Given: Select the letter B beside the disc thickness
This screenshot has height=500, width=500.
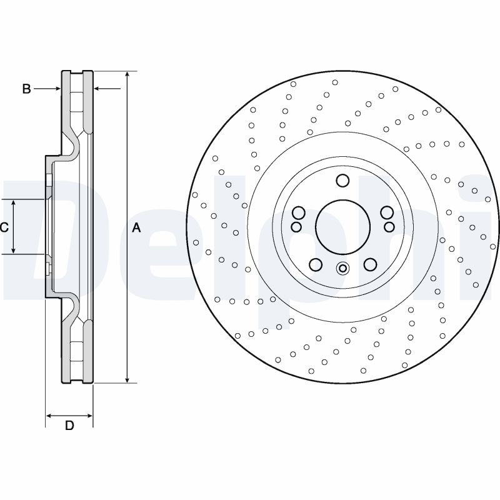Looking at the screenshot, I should pyautogui.click(x=26, y=89).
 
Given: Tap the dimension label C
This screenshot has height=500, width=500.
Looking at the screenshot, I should pyautogui.click(x=4, y=227).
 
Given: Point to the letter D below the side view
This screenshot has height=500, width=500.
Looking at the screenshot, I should pyautogui.click(x=70, y=426).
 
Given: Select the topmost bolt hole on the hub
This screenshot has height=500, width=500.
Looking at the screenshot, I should pyautogui.click(x=342, y=181).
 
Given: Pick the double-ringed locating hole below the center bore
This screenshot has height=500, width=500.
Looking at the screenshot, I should pyautogui.click(x=342, y=269).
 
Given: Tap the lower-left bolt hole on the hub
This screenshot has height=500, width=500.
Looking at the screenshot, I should pyautogui.click(x=316, y=264).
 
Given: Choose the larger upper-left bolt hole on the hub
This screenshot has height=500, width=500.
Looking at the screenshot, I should pyautogui.click(x=298, y=212).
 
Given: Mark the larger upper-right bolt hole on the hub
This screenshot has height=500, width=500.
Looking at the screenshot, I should pyautogui.click(x=387, y=212).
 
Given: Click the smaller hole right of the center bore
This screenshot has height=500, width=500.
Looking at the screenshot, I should pyautogui.click(x=389, y=226).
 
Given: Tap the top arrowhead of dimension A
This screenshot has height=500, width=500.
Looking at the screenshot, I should pyautogui.click(x=127, y=74).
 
